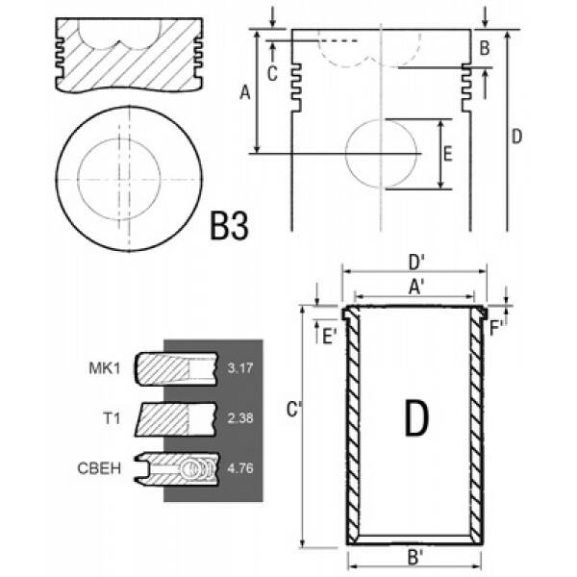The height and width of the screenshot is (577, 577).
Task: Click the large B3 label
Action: (x=229, y=225)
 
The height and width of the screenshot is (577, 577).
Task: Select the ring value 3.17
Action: (x=239, y=368)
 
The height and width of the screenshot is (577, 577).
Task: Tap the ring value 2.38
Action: (x=239, y=418)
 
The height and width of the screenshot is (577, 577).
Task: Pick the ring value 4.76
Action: (x=239, y=468)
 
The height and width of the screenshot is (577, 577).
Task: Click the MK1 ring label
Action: (x=105, y=368)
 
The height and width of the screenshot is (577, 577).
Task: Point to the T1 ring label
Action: (x=112, y=418)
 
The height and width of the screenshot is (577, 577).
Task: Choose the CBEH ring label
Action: (x=99, y=468)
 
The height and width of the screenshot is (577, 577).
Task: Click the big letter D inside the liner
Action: (x=416, y=417)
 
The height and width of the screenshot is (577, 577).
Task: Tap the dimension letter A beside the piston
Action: (x=244, y=92)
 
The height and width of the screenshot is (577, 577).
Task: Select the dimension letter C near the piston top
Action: (x=272, y=74)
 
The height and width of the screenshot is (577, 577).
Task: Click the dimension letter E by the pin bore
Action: (x=447, y=154)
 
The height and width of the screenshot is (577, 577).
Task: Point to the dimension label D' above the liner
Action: (x=416, y=263)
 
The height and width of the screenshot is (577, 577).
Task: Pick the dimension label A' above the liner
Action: (x=416, y=287)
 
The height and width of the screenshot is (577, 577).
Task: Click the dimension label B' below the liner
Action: (x=415, y=557)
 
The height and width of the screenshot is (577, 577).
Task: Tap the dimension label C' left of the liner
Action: (x=293, y=410)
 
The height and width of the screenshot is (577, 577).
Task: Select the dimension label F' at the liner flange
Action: (x=496, y=329)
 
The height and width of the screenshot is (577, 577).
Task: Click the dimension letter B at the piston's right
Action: (x=485, y=48)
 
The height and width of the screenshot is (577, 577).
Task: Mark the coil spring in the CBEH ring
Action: (x=200, y=468)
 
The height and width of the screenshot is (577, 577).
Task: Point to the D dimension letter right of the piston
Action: (x=516, y=137)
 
